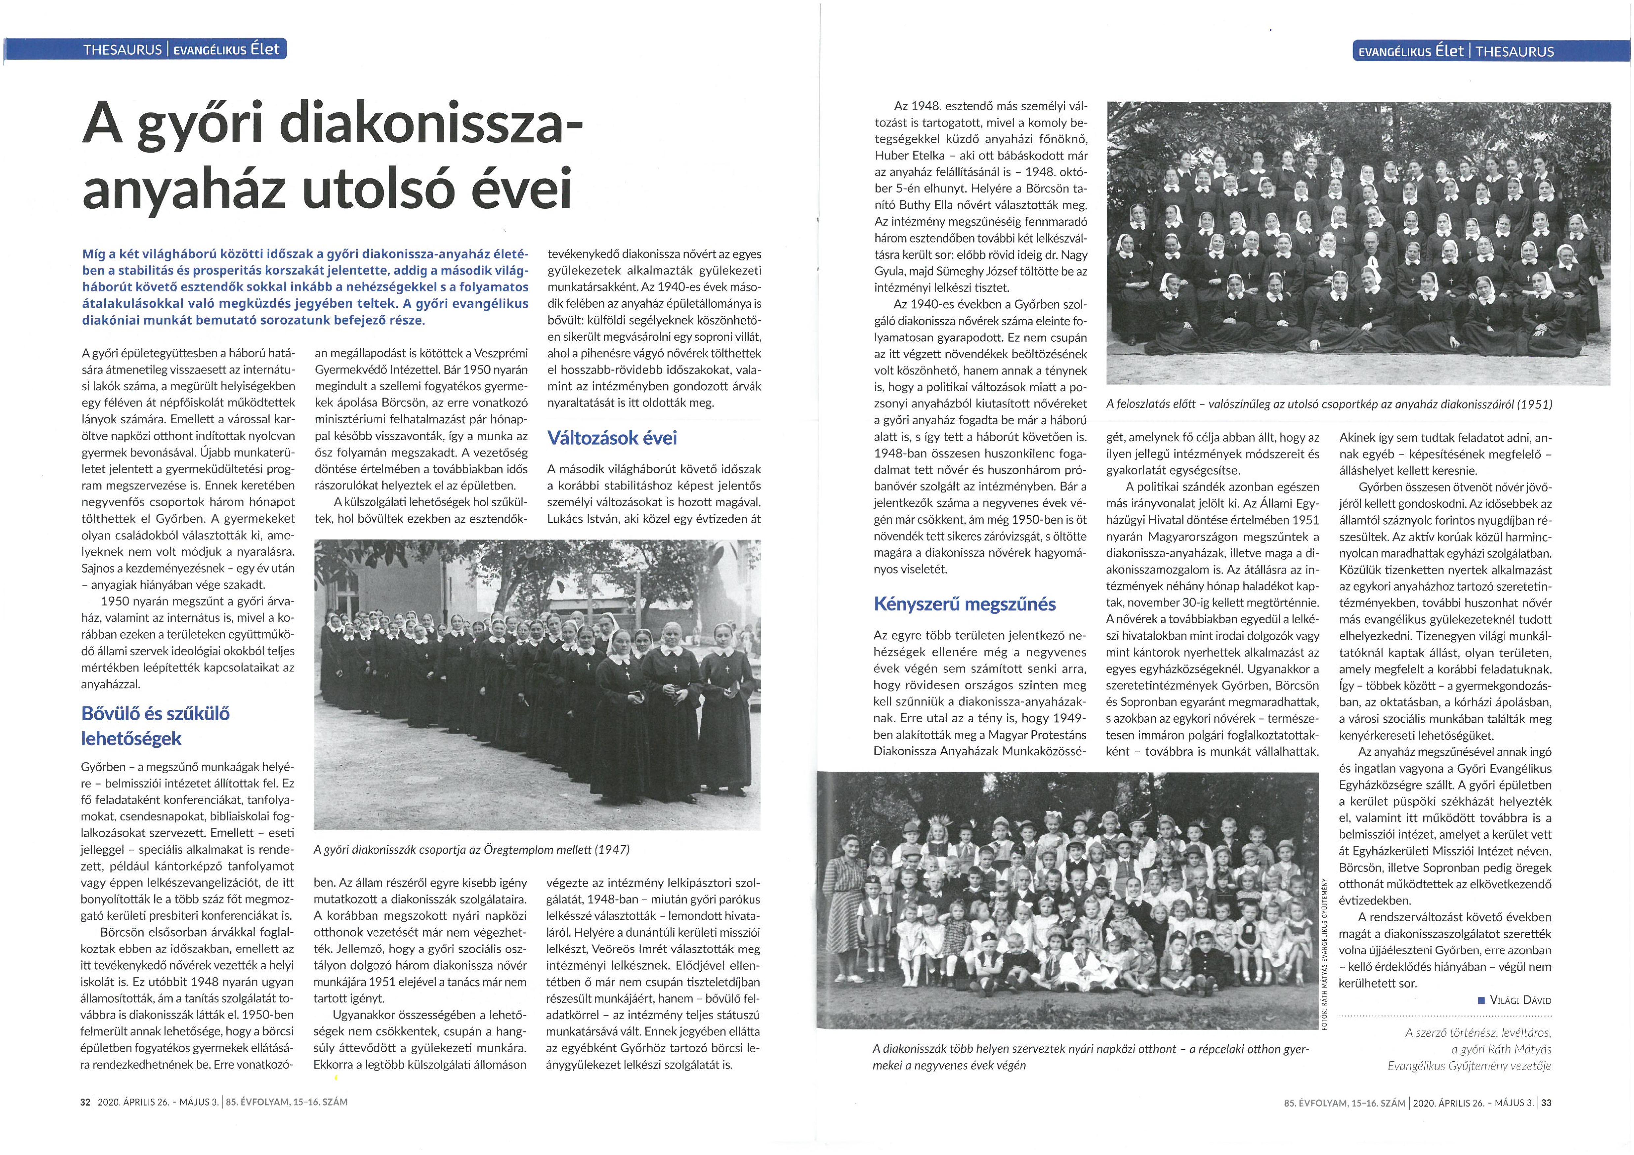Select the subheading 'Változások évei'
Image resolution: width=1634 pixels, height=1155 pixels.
pyautogui.click(x=611, y=438)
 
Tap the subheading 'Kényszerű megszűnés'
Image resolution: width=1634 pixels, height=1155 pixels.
pyautogui.click(x=964, y=604)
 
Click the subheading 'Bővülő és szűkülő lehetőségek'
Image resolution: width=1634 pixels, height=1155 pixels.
pyautogui.click(x=156, y=726)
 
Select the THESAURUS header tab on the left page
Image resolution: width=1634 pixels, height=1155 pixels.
pyautogui.click(x=122, y=50)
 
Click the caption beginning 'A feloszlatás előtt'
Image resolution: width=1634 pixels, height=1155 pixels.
pyautogui.click(x=1328, y=404)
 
